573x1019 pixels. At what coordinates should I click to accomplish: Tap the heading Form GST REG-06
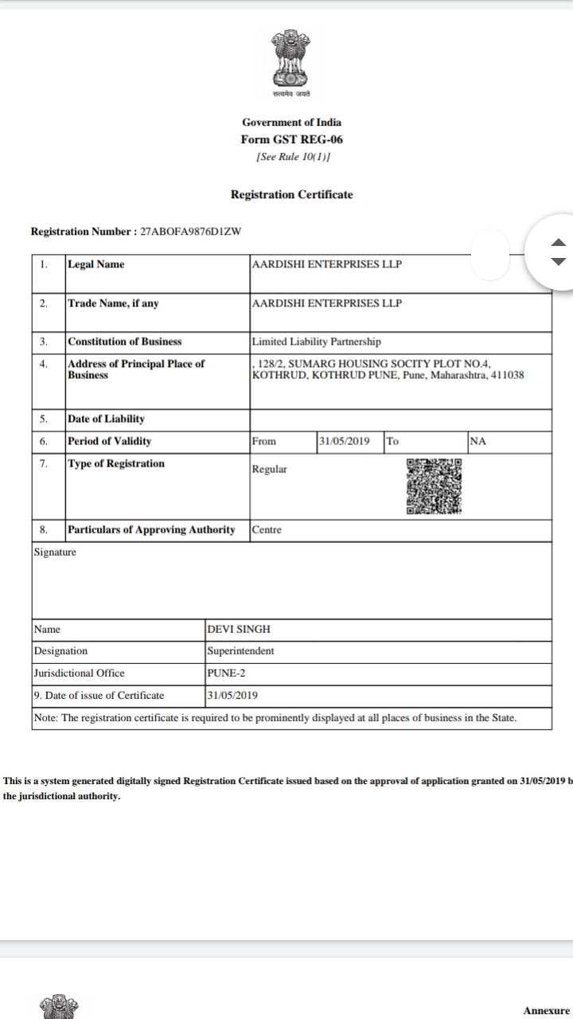point(292,139)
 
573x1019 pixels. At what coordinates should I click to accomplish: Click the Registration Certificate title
point(291,194)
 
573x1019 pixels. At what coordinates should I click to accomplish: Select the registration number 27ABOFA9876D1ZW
point(190,232)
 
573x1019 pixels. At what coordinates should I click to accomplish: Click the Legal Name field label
point(96,264)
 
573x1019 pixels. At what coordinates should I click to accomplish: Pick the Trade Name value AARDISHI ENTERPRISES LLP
point(326,303)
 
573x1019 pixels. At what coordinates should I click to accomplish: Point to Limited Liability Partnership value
point(316,342)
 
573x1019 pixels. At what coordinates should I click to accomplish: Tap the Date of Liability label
point(106,419)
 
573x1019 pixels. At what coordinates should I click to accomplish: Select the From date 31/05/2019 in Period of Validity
point(344,441)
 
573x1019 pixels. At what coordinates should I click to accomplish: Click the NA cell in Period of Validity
point(477,441)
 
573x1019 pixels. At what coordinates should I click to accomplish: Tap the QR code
point(434,486)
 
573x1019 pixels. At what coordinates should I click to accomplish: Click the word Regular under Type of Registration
point(269,469)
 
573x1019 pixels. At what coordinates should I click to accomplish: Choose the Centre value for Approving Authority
point(267,529)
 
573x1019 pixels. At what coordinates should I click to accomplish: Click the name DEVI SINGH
point(239,629)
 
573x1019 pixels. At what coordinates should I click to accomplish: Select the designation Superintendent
point(240,651)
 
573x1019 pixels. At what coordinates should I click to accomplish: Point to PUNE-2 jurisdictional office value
point(226,673)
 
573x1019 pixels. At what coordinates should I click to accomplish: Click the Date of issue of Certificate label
point(99,695)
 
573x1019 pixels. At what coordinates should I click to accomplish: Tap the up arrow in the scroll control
point(559,243)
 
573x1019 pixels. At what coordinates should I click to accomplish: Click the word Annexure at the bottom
point(547,1010)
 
